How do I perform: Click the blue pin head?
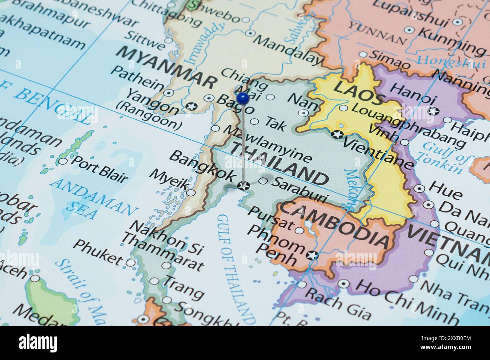243,98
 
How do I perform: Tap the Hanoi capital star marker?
433,111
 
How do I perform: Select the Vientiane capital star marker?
337,134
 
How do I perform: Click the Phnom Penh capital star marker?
312,255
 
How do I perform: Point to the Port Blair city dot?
63,162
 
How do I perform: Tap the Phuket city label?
97,252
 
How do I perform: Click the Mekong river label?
351,189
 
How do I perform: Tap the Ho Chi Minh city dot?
343,284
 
